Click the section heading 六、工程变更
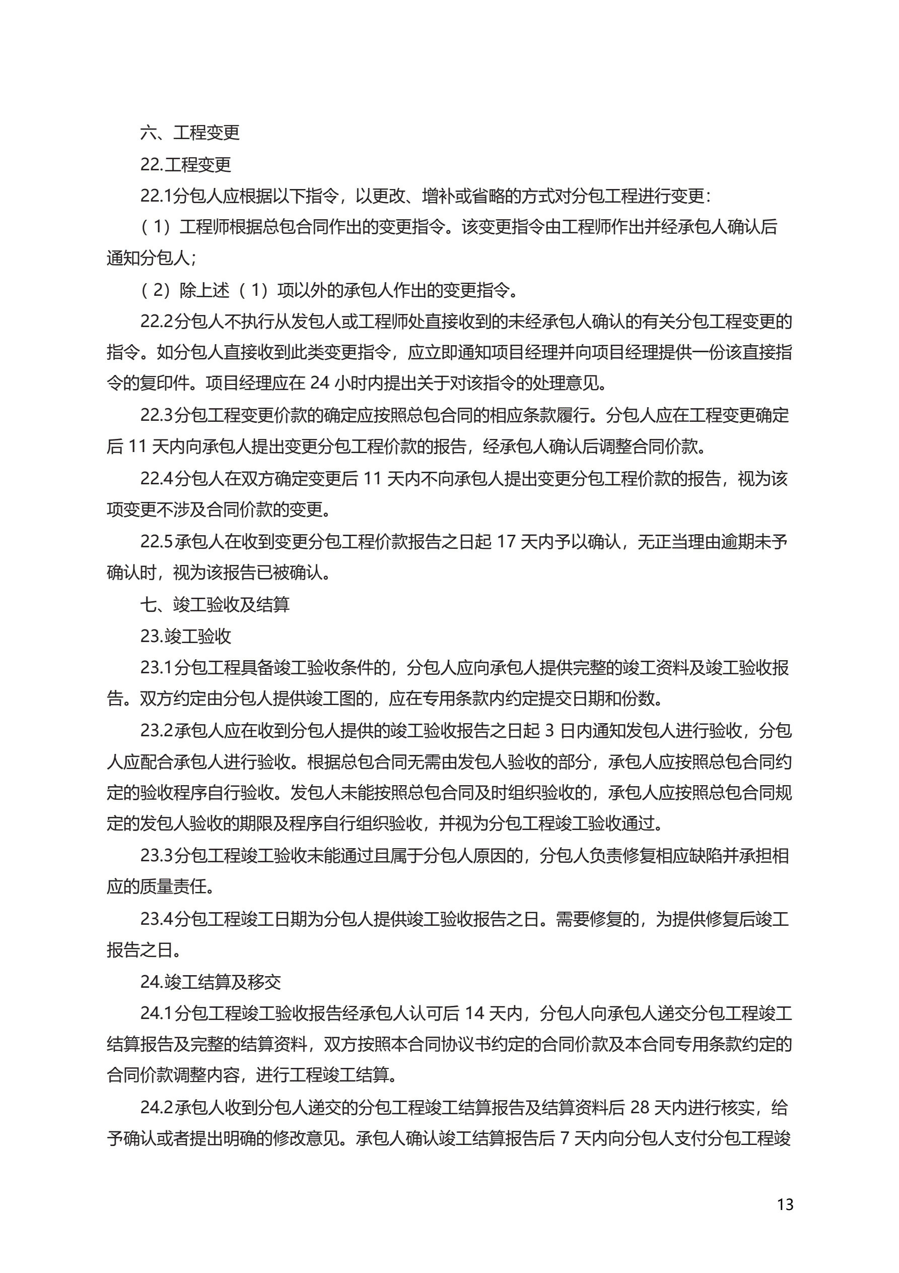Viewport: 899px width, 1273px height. [x=189, y=133]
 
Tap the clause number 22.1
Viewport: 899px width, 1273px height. [x=156, y=196]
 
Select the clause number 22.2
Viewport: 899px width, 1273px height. [x=156, y=322]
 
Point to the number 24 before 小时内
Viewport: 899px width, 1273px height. [x=319, y=383]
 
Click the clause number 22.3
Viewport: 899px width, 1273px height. [x=156, y=415]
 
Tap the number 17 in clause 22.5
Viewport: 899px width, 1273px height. [x=506, y=542]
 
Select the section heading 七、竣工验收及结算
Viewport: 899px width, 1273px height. [x=215, y=604]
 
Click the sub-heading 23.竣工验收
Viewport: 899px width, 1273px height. [x=185, y=636]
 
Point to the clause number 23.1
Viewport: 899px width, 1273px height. [x=156, y=668]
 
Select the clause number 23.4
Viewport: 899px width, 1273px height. [x=156, y=919]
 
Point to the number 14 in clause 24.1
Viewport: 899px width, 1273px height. [x=474, y=1013]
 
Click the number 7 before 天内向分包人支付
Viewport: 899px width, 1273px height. [x=565, y=1139]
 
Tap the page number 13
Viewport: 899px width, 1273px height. [x=785, y=1205]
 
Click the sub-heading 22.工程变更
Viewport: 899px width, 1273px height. [x=185, y=165]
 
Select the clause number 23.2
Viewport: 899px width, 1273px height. [x=156, y=731]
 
